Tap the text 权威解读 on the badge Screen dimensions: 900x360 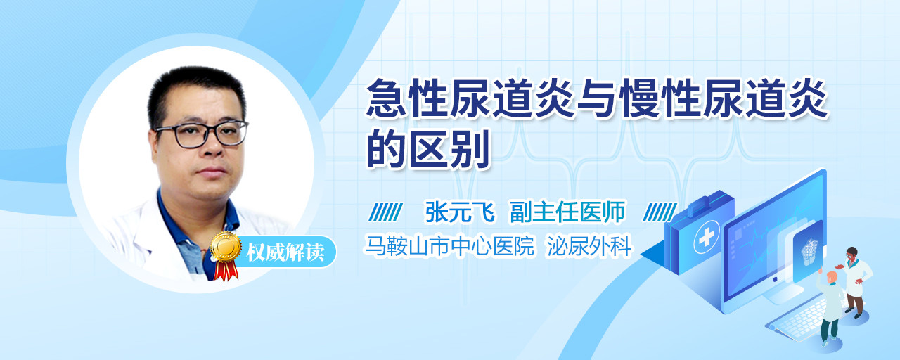pyautogui.click(x=285, y=252)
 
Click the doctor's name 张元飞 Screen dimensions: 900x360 pyautogui.click(x=460, y=212)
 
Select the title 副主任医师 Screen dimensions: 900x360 pyautogui.click(x=567, y=212)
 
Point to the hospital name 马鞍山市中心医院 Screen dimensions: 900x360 pyautogui.click(x=449, y=245)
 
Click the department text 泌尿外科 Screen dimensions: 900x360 pyautogui.click(x=589, y=245)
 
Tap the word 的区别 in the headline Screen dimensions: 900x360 pyautogui.click(x=428, y=148)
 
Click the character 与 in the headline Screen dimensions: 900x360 pyautogui.click(x=598, y=98)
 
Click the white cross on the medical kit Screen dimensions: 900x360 pyautogui.click(x=706, y=238)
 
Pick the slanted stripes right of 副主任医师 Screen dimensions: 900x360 pyautogui.click(x=660, y=212)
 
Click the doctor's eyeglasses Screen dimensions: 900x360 pyautogui.click(x=202, y=134)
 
